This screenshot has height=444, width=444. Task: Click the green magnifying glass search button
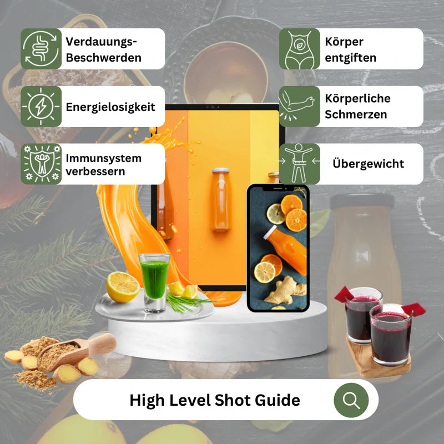pyautogui.click(x=351, y=400)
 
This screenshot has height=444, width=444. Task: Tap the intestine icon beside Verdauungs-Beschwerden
pyautogui.click(x=41, y=49)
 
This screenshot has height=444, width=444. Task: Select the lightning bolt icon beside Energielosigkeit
pyautogui.click(x=41, y=107)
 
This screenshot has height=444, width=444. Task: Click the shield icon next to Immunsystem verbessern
pyautogui.click(x=41, y=164)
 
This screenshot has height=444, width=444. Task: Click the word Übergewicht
pyautogui.click(x=368, y=163)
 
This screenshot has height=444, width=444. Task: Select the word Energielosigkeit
pyautogui.click(x=110, y=107)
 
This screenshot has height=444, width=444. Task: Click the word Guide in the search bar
pyautogui.click(x=277, y=400)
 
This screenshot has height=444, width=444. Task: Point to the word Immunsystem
pyautogui.click(x=104, y=158)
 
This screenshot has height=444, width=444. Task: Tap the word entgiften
pyautogui.click(x=351, y=58)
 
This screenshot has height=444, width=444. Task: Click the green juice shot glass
pyautogui.click(x=155, y=282)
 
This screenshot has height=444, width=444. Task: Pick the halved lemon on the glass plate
pyautogui.click(x=123, y=287)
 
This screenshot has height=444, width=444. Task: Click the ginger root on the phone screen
pyautogui.click(x=285, y=291)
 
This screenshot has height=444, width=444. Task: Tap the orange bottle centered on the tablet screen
pyautogui.click(x=221, y=199)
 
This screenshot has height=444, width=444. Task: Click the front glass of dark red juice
pyautogui.click(x=391, y=335)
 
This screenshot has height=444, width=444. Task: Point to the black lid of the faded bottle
pyautogui.click(x=362, y=201)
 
